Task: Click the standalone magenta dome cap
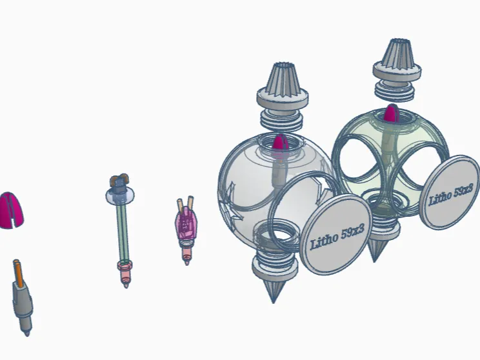coord(11,210)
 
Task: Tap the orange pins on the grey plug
coord(18,274)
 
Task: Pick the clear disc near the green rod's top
coord(120,196)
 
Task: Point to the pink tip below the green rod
coord(125,274)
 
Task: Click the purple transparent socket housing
coord(186,223)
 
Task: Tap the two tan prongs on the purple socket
coord(185,203)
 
